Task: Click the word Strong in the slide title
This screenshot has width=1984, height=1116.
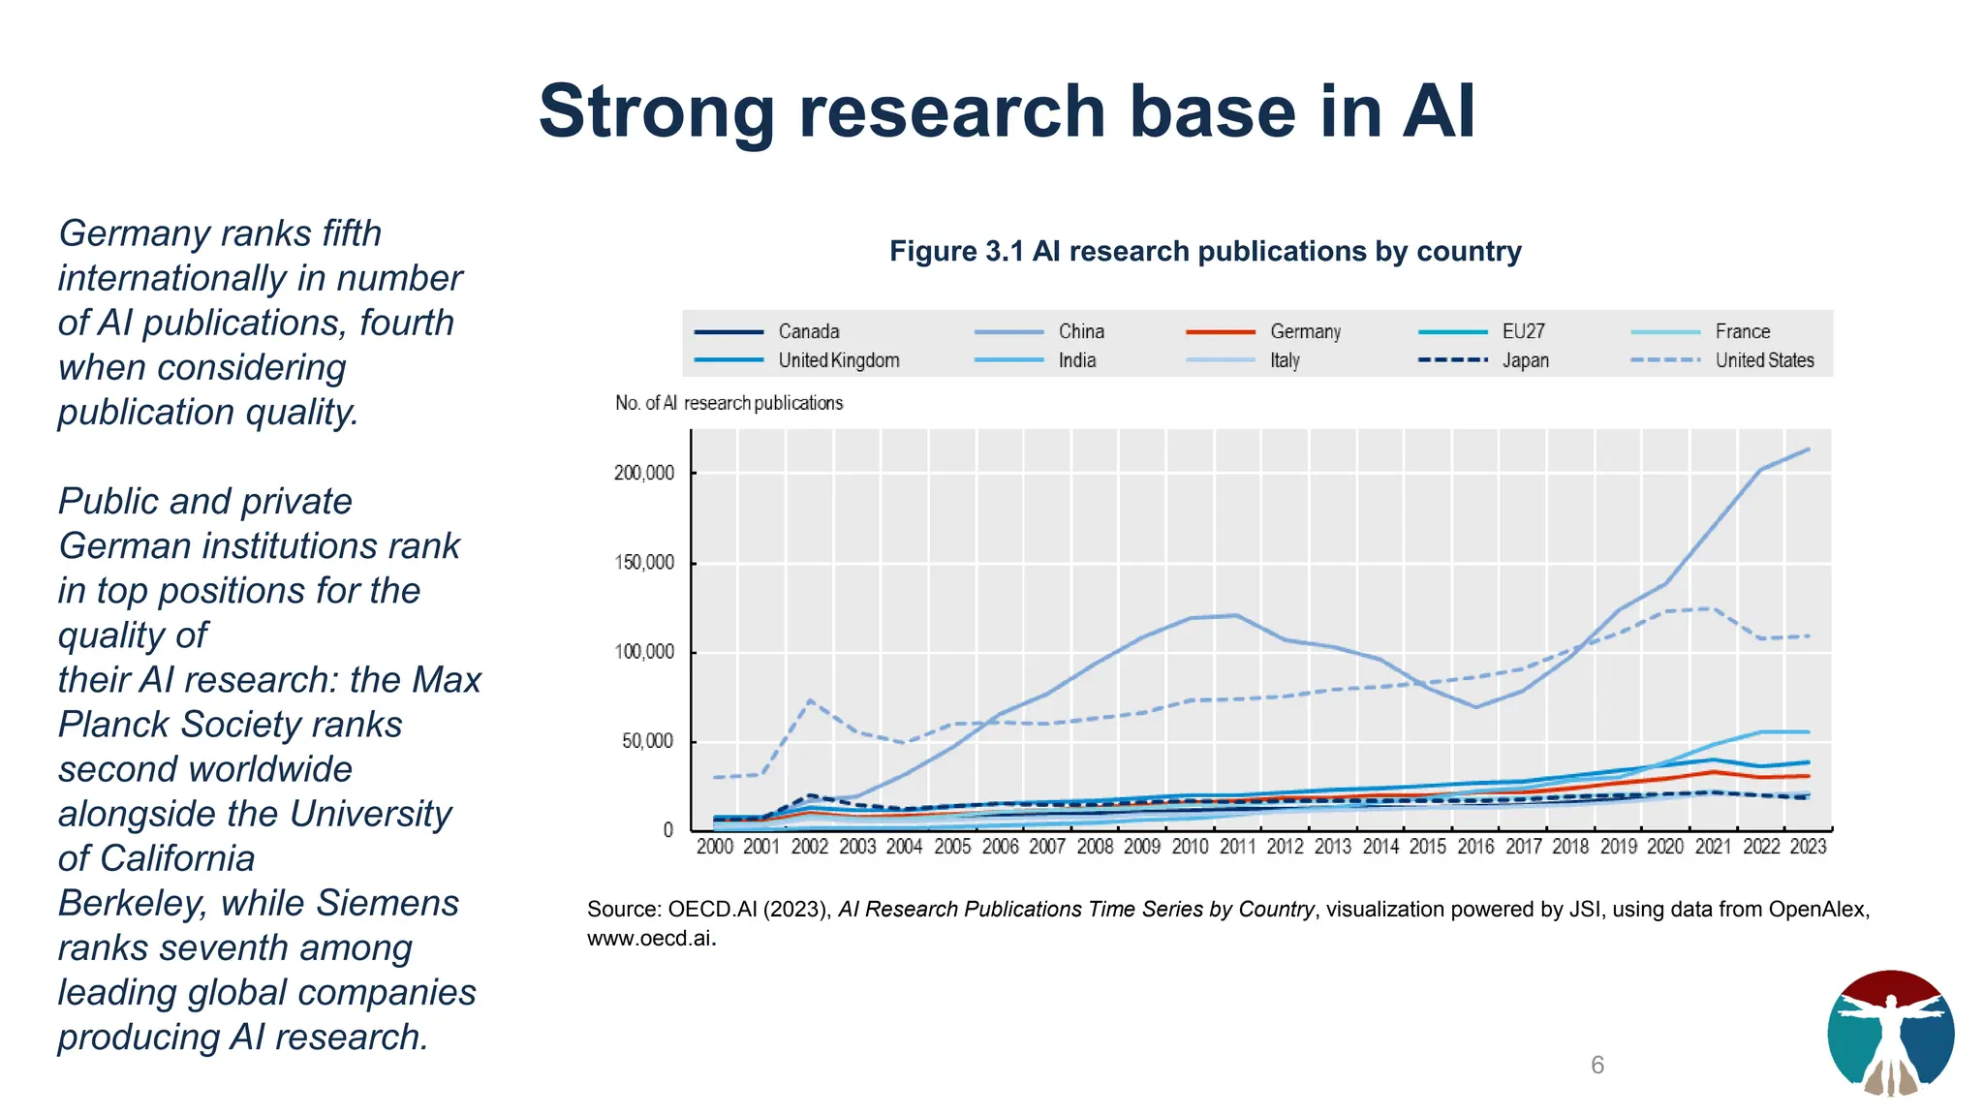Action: pyautogui.click(x=658, y=112)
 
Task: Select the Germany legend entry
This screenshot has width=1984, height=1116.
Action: pyautogui.click(x=1304, y=331)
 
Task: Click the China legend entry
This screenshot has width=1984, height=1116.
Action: pyautogui.click(x=1080, y=331)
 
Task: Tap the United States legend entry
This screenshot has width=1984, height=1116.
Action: pyautogui.click(x=1763, y=360)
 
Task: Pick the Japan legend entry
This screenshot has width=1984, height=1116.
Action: pyautogui.click(x=1525, y=360)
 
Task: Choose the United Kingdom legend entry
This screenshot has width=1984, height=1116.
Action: pyautogui.click(x=838, y=360)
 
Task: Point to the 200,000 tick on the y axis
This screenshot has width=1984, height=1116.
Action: pyautogui.click(x=644, y=473)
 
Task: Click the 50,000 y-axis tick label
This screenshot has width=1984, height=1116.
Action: pyautogui.click(x=647, y=741)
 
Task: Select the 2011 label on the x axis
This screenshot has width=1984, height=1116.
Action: pyautogui.click(x=1237, y=847)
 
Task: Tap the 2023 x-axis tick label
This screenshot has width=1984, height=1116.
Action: pyautogui.click(x=1808, y=847)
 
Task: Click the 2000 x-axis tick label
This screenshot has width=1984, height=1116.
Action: pyautogui.click(x=715, y=847)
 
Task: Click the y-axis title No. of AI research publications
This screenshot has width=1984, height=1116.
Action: pyautogui.click(x=728, y=403)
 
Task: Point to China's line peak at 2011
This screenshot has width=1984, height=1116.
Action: pyautogui.click(x=1236, y=615)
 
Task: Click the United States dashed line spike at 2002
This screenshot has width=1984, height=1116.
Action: pyautogui.click(x=810, y=700)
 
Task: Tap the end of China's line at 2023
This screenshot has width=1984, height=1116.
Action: pyautogui.click(x=1808, y=449)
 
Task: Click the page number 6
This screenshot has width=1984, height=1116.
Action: pyautogui.click(x=1597, y=1065)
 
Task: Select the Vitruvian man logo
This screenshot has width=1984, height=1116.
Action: pyautogui.click(x=1890, y=1033)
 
